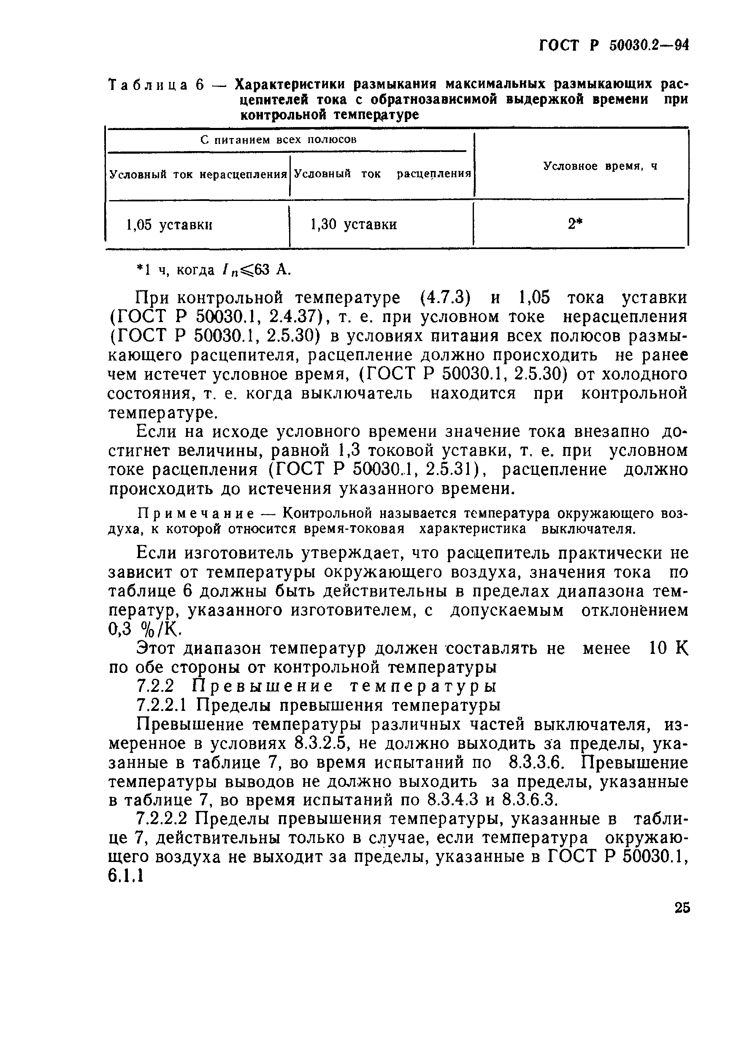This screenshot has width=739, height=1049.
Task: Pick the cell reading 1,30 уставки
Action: [354, 224]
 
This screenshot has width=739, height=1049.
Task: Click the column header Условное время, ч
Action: [600, 166]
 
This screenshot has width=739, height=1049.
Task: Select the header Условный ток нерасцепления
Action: [198, 174]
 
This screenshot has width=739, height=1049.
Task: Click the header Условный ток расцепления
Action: [382, 174]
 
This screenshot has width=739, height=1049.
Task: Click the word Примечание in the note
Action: [195, 514]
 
